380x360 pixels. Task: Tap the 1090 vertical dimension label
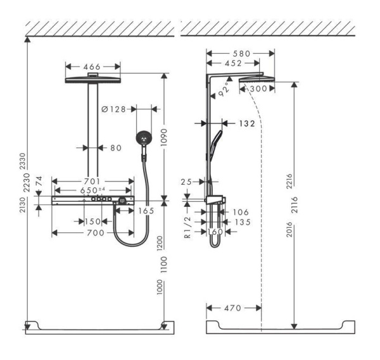click(x=166, y=136)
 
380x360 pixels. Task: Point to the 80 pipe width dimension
click(x=115, y=148)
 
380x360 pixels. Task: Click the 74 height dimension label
click(x=40, y=182)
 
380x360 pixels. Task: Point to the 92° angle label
click(x=224, y=91)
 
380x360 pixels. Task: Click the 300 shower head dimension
click(x=256, y=89)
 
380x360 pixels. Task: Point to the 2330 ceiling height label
click(x=22, y=161)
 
